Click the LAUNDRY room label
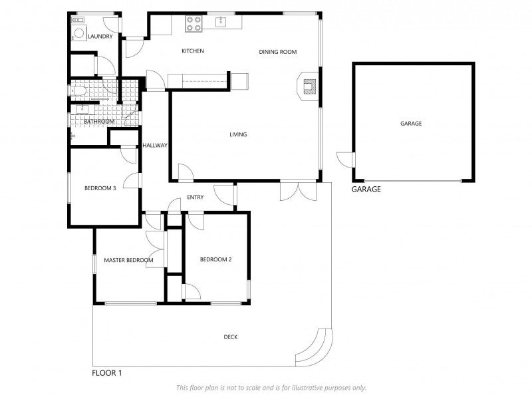pyautogui.click(x=100, y=37)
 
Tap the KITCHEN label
pyautogui.click(x=193, y=51)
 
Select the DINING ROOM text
pyautogui.click(x=278, y=52)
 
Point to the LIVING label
pyautogui.click(x=238, y=134)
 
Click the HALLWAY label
pyautogui.click(x=155, y=145)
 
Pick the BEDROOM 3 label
pyautogui.click(x=100, y=188)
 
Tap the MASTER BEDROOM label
pyautogui.click(x=128, y=260)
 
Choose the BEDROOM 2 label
pyautogui.click(x=215, y=259)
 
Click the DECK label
pyautogui.click(x=231, y=337)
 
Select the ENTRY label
pyautogui.click(x=196, y=197)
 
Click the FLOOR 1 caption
pyautogui.click(x=107, y=373)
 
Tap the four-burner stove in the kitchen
pyautogui.click(x=194, y=24)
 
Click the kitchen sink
pyautogui.click(x=221, y=21)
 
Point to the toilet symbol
pyautogui.click(x=78, y=91)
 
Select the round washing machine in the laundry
pyautogui.click(x=78, y=33)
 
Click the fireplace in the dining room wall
pyautogui.click(x=308, y=86)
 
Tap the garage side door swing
pyautogui.click(x=345, y=160)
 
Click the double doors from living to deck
pyautogui.click(x=298, y=192)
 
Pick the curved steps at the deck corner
pyautogui.click(x=313, y=348)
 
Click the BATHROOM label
pyautogui.click(x=99, y=121)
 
